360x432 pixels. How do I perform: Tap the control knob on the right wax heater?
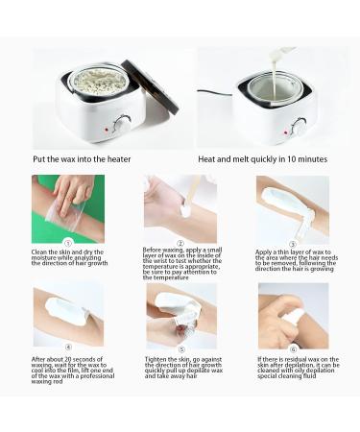[299, 126]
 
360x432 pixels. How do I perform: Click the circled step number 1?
[67, 243]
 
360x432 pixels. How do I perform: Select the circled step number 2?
[180, 243]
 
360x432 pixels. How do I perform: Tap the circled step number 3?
[292, 243]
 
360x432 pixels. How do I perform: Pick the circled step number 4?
[67, 348]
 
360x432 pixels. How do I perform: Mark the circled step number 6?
[292, 348]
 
